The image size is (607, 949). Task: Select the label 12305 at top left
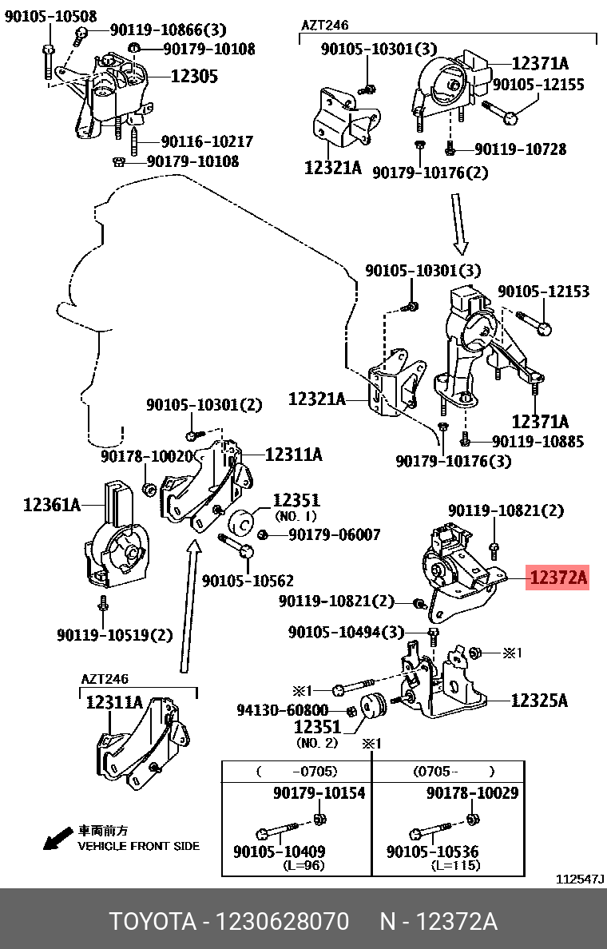[x=194, y=77]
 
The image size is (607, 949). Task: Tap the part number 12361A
[x=52, y=505]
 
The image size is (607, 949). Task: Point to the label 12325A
[x=539, y=701]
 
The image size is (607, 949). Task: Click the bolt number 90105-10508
[x=50, y=16]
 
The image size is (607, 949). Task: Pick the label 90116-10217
[x=207, y=141]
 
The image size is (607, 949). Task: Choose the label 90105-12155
[x=538, y=84]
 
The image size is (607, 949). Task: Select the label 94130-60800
[x=282, y=710]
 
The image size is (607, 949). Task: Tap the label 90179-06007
[x=335, y=534]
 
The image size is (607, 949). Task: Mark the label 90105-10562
[x=248, y=581]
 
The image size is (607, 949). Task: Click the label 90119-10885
[x=538, y=440]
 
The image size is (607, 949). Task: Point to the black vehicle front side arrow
[x=57, y=840]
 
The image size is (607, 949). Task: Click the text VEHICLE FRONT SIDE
[x=138, y=846]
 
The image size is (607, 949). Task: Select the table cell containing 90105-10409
[x=279, y=852]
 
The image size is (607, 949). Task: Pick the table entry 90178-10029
[x=472, y=792]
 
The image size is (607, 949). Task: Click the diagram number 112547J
[x=580, y=879]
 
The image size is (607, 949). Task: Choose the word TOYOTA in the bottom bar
[x=153, y=922]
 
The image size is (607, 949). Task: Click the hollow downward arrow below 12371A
[x=461, y=224]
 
